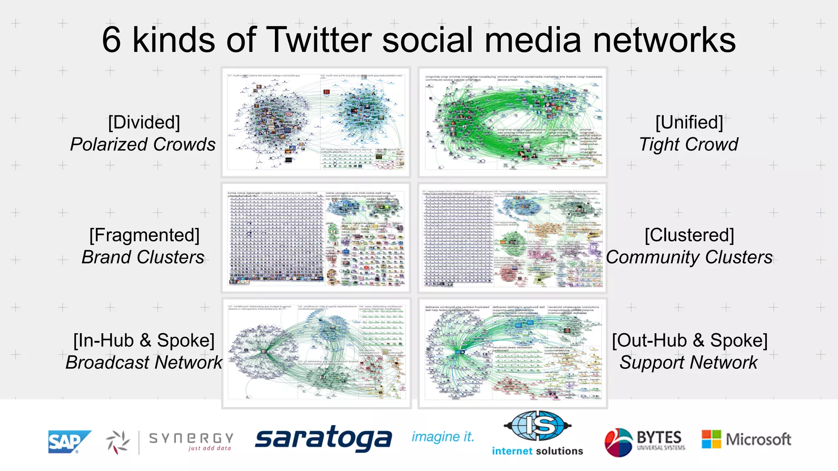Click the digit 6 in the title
click(x=111, y=40)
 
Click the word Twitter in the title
click(x=319, y=40)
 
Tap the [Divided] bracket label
click(x=144, y=122)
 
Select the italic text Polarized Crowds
click(x=143, y=144)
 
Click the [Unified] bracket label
click(x=689, y=122)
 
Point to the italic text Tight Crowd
click(x=689, y=144)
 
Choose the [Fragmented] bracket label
click(x=144, y=235)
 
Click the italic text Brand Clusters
click(x=143, y=257)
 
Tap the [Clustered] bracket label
click(x=689, y=235)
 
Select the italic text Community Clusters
click(x=689, y=257)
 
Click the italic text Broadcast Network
click(x=144, y=362)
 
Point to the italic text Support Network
click(x=689, y=362)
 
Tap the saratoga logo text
click(x=323, y=438)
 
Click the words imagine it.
click(x=443, y=437)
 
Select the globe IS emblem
click(x=537, y=426)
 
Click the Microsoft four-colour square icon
click(x=711, y=439)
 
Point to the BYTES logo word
click(x=659, y=437)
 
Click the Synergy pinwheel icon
click(x=117, y=442)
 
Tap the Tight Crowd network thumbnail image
click(x=513, y=122)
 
